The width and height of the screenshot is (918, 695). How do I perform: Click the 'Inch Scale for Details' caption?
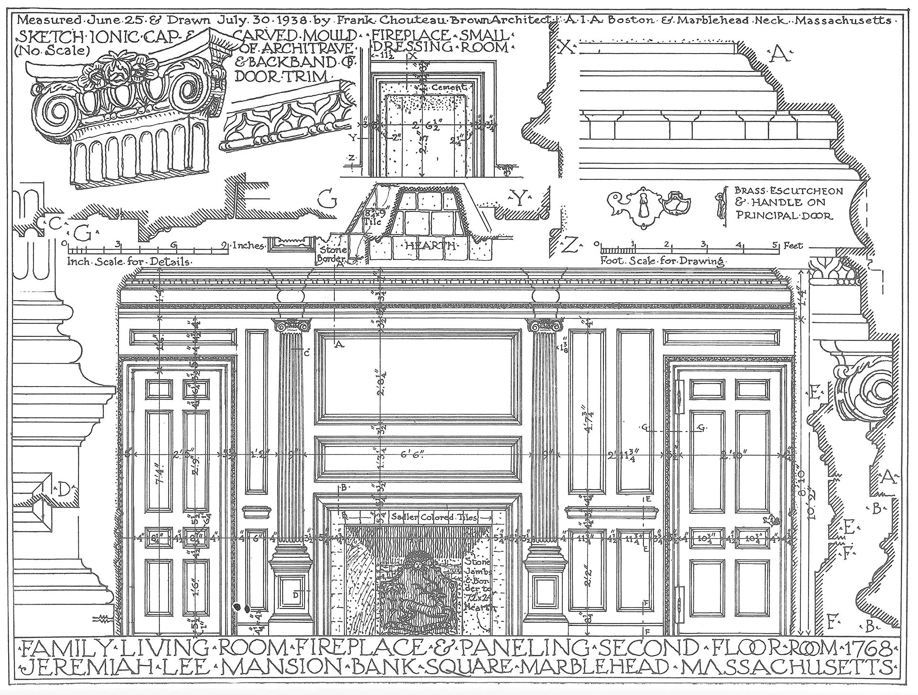point(128,262)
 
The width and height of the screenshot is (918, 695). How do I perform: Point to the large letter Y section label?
point(519,196)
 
